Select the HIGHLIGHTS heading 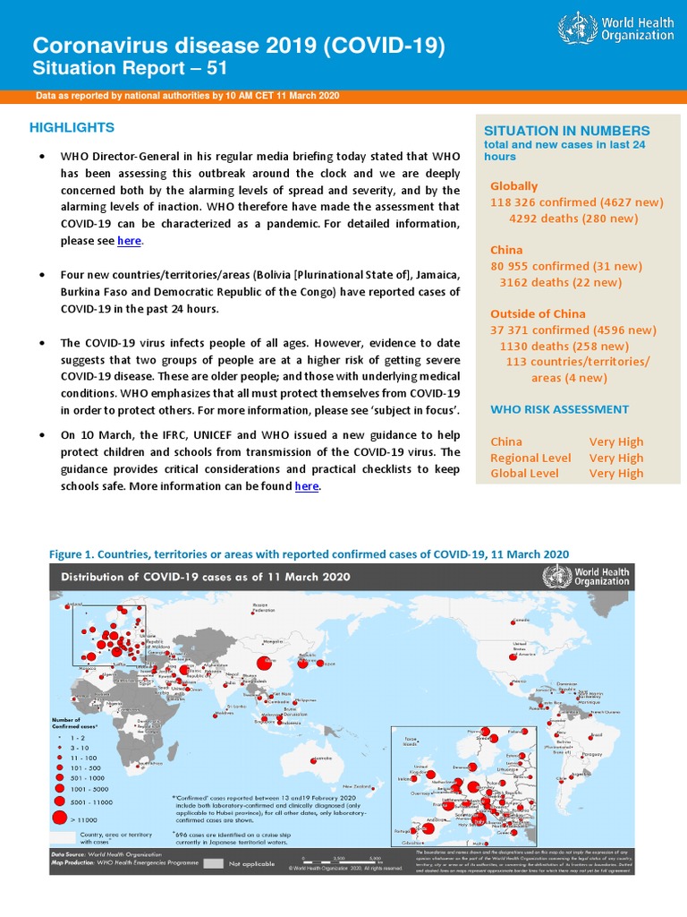tap(72, 127)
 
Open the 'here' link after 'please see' tap(130, 241)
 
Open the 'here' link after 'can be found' tap(307, 485)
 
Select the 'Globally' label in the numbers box tap(513, 186)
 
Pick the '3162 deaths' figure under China tap(535, 282)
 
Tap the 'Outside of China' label tap(538, 313)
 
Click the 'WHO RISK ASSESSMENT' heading tap(559, 409)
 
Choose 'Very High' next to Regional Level tap(616, 458)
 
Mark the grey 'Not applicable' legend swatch tap(212, 863)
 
